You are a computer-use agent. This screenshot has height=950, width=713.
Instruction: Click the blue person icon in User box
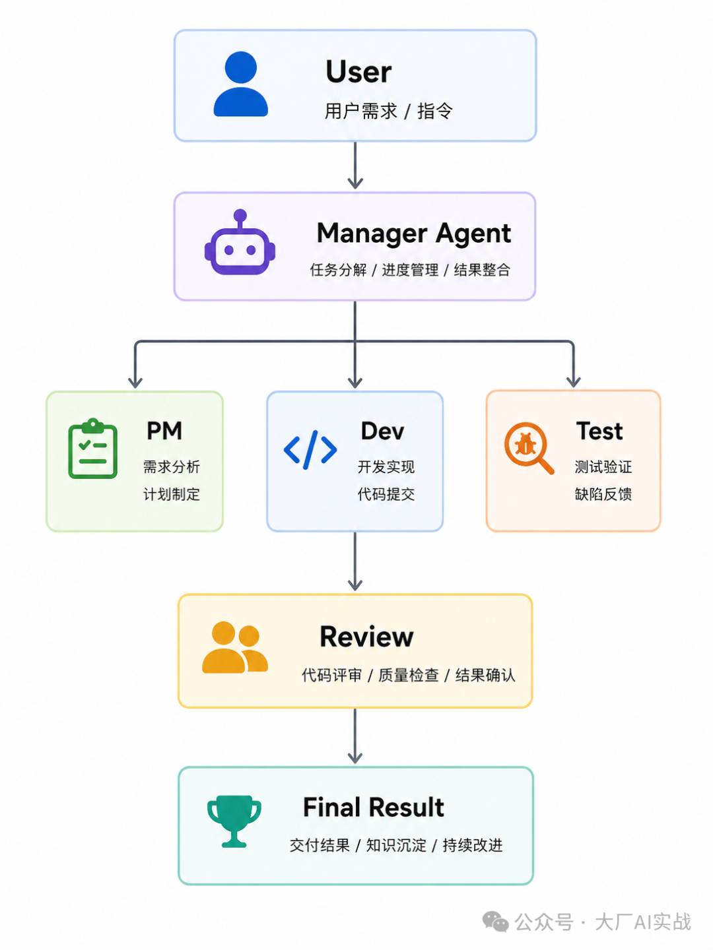pyautogui.click(x=241, y=84)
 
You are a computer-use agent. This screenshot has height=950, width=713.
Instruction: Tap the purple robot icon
pyautogui.click(x=240, y=242)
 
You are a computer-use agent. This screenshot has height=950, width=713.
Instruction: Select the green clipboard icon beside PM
pyautogui.click(x=92, y=449)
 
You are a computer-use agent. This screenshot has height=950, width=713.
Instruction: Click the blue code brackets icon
pyautogui.click(x=310, y=450)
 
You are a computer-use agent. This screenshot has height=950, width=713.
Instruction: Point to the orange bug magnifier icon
pyautogui.click(x=529, y=448)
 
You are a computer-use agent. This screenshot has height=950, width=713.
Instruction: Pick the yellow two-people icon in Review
pyautogui.click(x=235, y=647)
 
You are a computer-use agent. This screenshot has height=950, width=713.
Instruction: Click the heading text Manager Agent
pyautogui.click(x=414, y=234)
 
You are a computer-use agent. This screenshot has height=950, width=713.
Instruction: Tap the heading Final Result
pyautogui.click(x=373, y=807)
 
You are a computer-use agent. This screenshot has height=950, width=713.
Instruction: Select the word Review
pyautogui.click(x=366, y=637)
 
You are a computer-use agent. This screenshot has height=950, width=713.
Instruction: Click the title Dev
pyautogui.click(x=382, y=431)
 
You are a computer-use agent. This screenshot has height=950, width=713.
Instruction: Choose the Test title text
pyautogui.click(x=599, y=431)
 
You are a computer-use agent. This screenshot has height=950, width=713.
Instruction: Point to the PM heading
pyautogui.click(x=164, y=431)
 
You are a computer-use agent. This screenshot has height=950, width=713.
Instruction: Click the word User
pyautogui.click(x=358, y=72)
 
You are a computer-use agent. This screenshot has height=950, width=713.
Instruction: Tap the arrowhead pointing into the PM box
pyautogui.click(x=135, y=383)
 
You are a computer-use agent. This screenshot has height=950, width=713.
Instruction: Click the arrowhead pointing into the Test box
pyautogui.click(x=573, y=382)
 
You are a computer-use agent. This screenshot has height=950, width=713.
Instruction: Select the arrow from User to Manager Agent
pyautogui.click(x=355, y=166)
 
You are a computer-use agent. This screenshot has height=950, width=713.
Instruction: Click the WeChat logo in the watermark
pyautogui.click(x=495, y=922)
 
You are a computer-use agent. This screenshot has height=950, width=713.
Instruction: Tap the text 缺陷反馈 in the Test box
pyautogui.click(x=603, y=494)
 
